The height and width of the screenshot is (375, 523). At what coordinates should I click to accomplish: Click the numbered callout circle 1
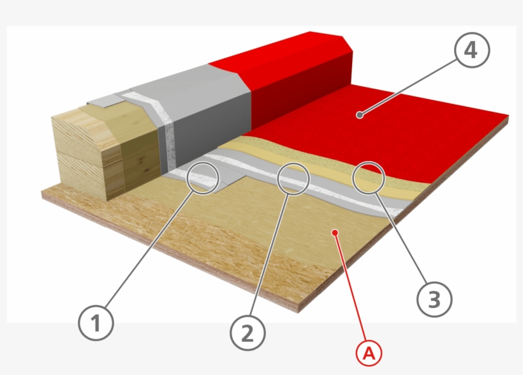[96, 323]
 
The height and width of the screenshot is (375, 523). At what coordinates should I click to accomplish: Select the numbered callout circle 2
[247, 333]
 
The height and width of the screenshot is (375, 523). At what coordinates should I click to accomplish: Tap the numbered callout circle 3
[434, 299]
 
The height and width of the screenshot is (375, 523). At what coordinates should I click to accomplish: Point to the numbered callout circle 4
[472, 50]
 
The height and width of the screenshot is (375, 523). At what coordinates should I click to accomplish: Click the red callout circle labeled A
[369, 353]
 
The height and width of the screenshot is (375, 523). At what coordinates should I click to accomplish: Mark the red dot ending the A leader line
[336, 233]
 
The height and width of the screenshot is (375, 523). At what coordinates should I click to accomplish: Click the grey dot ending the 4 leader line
[360, 115]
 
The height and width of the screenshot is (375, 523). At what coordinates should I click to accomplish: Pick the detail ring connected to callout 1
[203, 178]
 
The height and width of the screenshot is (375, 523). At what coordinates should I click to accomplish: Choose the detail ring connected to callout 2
[293, 179]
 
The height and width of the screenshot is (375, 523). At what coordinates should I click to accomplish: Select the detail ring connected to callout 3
[369, 178]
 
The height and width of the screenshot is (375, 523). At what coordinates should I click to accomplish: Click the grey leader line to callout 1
[149, 249]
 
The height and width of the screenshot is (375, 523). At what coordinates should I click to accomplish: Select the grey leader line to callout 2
[270, 255]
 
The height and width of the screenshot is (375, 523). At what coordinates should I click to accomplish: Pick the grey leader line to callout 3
[401, 238]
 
